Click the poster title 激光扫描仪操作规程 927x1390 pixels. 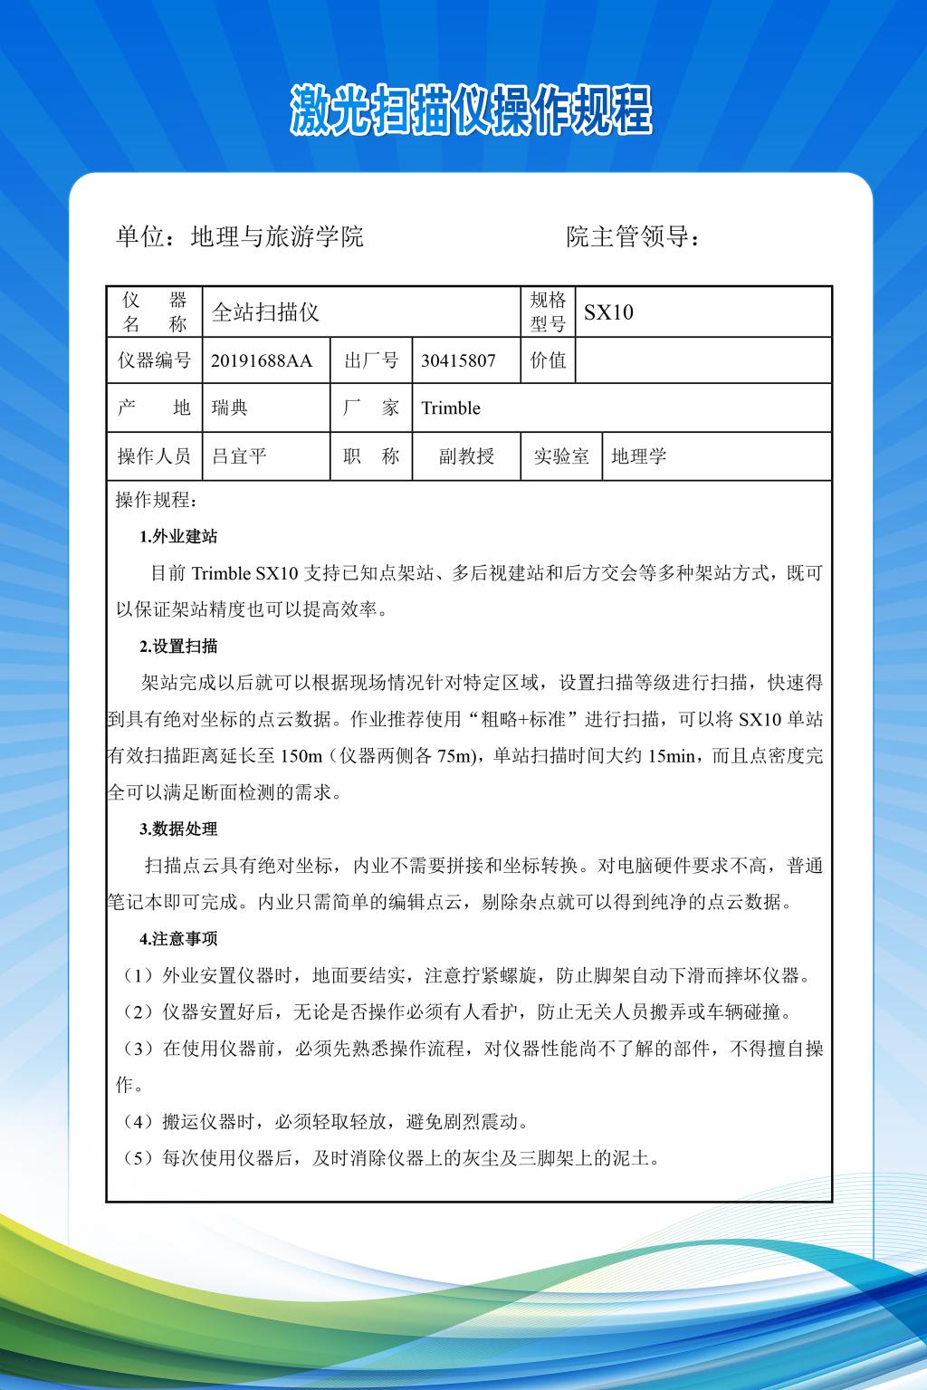click(x=471, y=110)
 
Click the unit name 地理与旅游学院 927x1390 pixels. click(x=277, y=237)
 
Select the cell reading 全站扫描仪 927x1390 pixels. click(x=265, y=312)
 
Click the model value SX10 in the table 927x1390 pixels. click(x=608, y=312)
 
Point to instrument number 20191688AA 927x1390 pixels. click(x=262, y=360)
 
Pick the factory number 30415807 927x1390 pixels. click(x=458, y=360)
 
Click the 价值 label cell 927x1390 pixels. click(x=548, y=360)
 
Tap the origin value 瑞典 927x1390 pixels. click(x=229, y=407)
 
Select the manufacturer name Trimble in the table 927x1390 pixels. click(x=451, y=407)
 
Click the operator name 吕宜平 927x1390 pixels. click(x=239, y=456)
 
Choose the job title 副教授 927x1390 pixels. click(x=466, y=456)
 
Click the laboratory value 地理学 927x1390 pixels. click(x=639, y=456)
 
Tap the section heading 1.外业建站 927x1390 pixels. click(x=178, y=537)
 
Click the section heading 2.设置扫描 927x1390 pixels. click(x=178, y=647)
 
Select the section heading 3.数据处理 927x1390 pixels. click(x=178, y=829)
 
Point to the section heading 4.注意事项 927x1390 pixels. click(x=178, y=939)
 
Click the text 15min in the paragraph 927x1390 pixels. click(x=670, y=756)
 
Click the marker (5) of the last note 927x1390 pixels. click(x=138, y=1158)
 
